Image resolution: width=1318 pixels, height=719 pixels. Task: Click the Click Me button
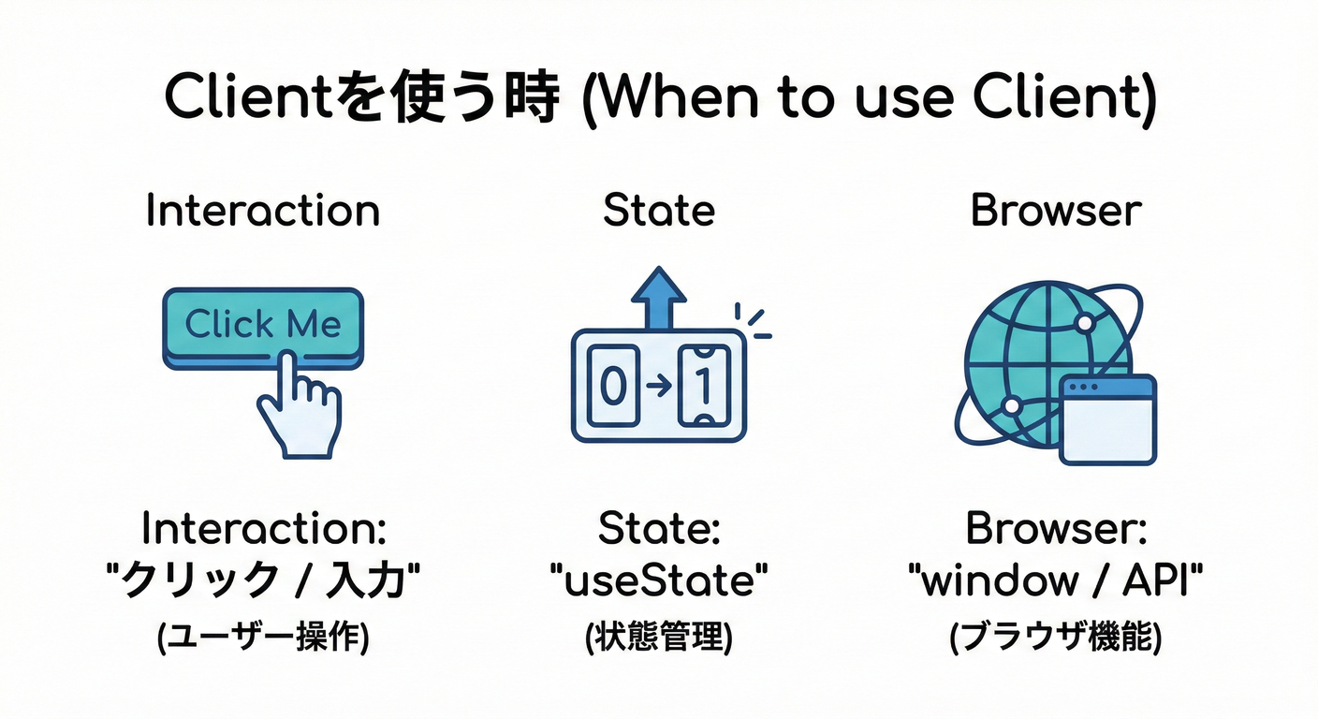click(263, 325)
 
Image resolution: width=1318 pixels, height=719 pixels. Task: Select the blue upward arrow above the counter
click(658, 297)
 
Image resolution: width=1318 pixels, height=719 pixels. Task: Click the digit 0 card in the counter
click(612, 386)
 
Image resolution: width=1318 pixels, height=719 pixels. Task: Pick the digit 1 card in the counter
click(703, 386)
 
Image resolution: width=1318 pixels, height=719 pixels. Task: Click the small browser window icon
click(1108, 418)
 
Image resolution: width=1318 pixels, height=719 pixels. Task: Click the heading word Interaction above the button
click(263, 211)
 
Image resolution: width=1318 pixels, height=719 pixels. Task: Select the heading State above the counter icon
click(658, 211)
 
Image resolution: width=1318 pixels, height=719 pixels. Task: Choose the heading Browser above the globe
click(1056, 211)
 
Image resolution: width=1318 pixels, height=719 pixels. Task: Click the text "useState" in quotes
click(658, 582)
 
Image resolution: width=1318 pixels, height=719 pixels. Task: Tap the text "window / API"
click(1056, 582)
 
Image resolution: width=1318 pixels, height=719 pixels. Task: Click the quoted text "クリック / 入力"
click(263, 582)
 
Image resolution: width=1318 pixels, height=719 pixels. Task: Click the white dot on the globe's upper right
click(1084, 323)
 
